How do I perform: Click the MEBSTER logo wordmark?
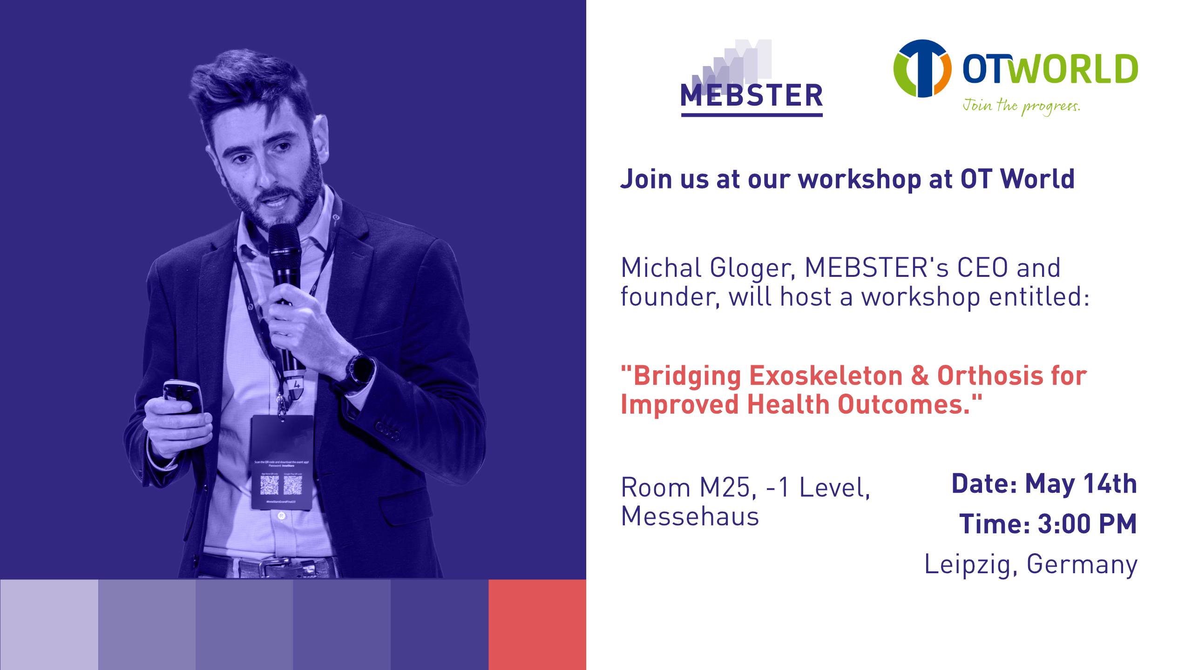click(x=752, y=95)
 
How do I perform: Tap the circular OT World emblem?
click(x=922, y=68)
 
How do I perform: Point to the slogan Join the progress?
click(x=1021, y=106)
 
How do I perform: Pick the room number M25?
click(x=725, y=488)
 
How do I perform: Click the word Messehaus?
click(x=690, y=516)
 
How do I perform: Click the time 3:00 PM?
click(x=1087, y=524)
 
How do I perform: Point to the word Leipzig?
click(x=968, y=564)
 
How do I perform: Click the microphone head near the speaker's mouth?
click(x=284, y=242)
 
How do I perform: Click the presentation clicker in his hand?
click(x=183, y=395)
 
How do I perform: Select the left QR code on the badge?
click(x=269, y=485)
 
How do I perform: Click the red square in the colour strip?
click(x=537, y=624)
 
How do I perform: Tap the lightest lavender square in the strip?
click(x=49, y=624)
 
